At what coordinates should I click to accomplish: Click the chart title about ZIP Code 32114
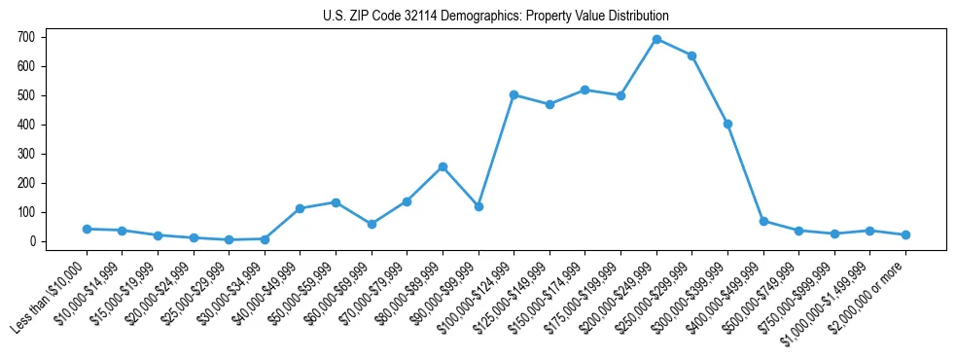496,17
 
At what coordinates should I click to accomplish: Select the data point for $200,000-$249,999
656,39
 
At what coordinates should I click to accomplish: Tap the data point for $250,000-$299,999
691,55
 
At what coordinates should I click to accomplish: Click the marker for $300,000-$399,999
727,124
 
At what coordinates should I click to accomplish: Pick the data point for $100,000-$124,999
513,94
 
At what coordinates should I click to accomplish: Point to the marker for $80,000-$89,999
443,166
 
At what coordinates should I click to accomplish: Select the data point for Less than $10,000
87,229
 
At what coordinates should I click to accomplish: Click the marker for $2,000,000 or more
905,234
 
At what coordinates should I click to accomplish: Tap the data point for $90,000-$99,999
478,206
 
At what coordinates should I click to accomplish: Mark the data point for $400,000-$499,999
763,221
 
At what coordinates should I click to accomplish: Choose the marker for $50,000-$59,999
336,202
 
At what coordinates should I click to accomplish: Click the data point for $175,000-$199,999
620,95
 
